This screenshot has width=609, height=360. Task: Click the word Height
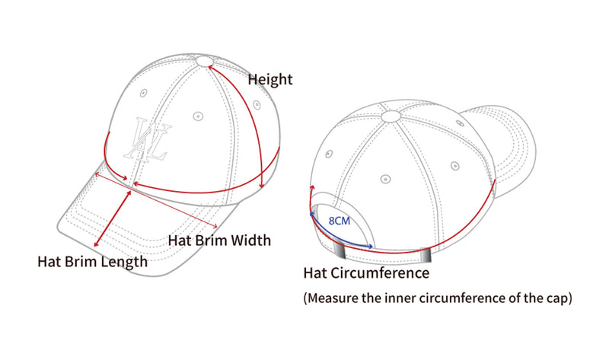(x=270, y=80)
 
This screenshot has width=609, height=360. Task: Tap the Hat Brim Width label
(x=219, y=241)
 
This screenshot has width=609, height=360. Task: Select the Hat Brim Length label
(x=92, y=262)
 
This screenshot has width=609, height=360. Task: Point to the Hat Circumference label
(x=366, y=273)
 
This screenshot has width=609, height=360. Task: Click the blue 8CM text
(x=340, y=221)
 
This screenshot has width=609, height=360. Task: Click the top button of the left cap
(x=205, y=61)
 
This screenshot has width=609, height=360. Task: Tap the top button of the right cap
(x=391, y=116)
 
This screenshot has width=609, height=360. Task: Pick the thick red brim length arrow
(x=113, y=218)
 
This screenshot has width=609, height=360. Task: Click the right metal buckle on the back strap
(x=426, y=255)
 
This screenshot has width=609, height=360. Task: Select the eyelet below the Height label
(x=257, y=104)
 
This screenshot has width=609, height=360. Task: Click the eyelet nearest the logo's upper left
(x=144, y=93)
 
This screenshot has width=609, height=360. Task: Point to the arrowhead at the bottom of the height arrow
(x=262, y=185)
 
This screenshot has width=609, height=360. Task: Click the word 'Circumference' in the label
(x=380, y=273)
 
